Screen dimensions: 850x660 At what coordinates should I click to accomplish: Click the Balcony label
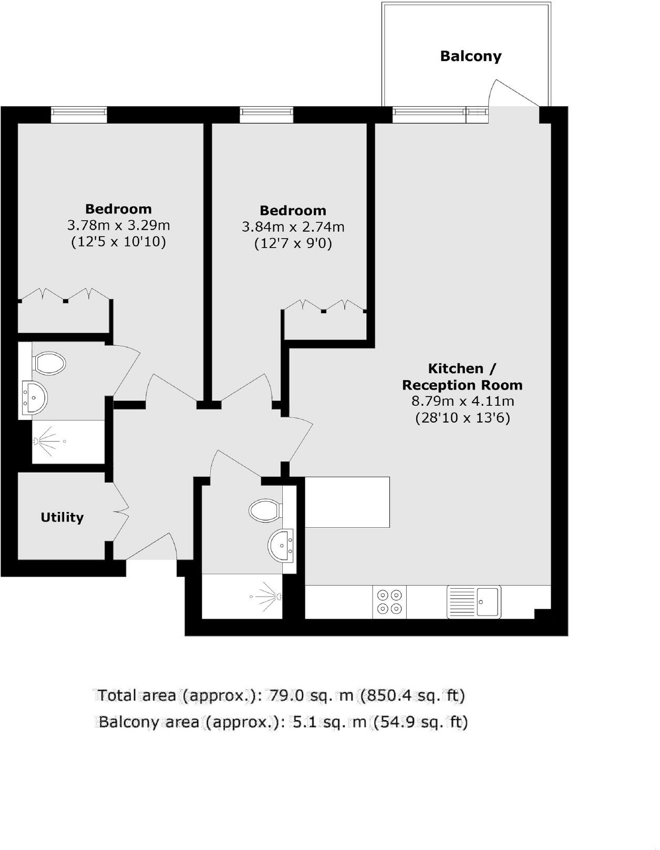(x=470, y=56)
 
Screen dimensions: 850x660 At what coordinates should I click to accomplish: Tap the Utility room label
(x=62, y=517)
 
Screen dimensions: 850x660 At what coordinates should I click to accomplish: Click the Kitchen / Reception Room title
(x=462, y=376)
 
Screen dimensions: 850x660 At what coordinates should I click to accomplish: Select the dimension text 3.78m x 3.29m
(x=118, y=226)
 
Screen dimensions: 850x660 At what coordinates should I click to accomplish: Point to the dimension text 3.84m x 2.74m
(x=293, y=227)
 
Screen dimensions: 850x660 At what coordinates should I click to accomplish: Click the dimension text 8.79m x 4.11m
(x=462, y=402)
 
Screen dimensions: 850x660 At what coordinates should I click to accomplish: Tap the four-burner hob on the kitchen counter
(x=389, y=602)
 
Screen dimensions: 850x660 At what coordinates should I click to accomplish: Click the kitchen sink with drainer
(x=473, y=602)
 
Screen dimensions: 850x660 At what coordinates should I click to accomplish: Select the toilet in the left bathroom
(x=49, y=363)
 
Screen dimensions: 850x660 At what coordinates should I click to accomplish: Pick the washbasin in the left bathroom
(x=35, y=398)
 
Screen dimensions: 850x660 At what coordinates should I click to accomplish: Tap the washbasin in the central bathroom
(x=281, y=546)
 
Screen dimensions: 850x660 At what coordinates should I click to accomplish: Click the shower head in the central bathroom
(x=279, y=596)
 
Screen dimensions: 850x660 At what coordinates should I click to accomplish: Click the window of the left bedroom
(x=79, y=115)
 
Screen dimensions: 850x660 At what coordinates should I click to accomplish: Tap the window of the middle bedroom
(x=266, y=115)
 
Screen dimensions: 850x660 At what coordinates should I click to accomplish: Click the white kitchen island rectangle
(x=347, y=501)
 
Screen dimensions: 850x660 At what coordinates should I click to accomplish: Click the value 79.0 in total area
(x=285, y=695)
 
